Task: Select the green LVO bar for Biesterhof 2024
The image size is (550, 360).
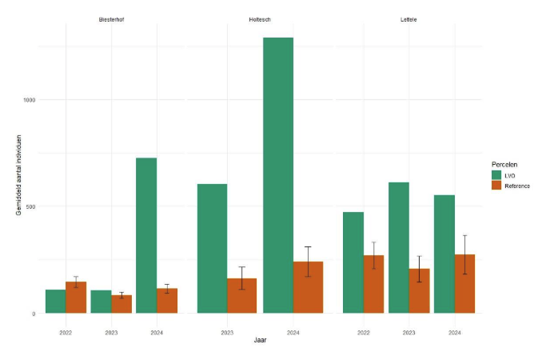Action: point(146,235)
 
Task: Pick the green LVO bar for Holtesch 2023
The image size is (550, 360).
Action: point(212,248)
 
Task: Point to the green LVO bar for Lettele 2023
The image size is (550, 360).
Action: point(399,247)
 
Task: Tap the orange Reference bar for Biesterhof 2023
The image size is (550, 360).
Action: point(122,304)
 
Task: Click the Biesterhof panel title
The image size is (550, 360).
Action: point(112,18)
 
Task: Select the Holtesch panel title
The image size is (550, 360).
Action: point(261,18)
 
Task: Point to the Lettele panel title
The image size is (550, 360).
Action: point(409,18)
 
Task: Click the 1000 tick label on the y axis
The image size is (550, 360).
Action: point(29,100)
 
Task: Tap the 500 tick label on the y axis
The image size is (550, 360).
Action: point(30,206)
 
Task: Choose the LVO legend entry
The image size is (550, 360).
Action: point(510,174)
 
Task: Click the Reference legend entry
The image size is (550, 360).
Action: point(516,186)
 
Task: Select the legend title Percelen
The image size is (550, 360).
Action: point(504,163)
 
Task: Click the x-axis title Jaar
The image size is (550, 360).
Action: point(261,341)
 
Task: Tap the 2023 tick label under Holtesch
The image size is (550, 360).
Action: point(227,330)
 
